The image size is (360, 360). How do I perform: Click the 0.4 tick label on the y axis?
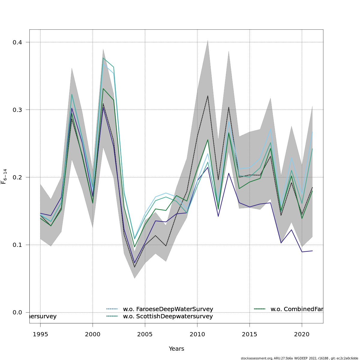click(17, 42)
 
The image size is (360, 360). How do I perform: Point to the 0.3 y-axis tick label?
click(17, 110)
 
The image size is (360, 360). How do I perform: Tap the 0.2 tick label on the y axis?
click(17, 177)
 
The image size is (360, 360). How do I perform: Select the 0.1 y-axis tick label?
click(17, 245)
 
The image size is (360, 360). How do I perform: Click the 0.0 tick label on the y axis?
click(17, 312)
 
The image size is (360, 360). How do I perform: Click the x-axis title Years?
click(176, 349)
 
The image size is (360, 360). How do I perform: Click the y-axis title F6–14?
click(4, 176)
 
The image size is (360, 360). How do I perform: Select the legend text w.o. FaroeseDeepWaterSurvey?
click(168, 309)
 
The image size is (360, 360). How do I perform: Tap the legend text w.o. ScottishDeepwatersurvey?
click(168, 316)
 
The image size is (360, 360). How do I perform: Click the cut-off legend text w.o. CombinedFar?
click(297, 309)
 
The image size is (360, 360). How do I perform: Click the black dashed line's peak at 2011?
click(208, 96)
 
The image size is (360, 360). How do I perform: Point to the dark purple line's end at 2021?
click(312, 251)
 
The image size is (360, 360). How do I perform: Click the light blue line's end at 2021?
click(312, 132)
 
